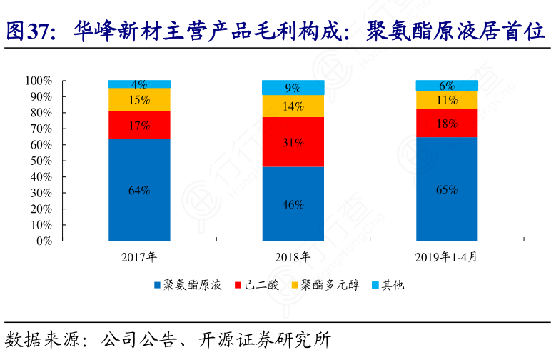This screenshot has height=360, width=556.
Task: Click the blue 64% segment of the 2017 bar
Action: (x=139, y=190)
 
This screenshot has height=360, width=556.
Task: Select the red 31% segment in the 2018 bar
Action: (x=293, y=141)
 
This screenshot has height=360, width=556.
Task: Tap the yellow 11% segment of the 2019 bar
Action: (x=447, y=100)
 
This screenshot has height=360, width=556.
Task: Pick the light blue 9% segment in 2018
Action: (x=293, y=88)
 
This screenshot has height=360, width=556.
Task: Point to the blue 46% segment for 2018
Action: (x=293, y=204)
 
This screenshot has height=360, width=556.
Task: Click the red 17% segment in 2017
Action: (x=139, y=125)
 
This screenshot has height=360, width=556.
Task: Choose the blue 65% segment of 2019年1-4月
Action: (x=447, y=189)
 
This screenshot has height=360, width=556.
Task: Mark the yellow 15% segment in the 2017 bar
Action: (x=139, y=100)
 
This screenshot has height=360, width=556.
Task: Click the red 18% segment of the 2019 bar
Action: (x=447, y=123)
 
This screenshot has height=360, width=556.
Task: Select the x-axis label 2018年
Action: (x=293, y=256)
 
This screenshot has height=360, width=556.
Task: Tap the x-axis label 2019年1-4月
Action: (x=447, y=256)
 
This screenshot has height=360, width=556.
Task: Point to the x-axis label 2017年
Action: (x=139, y=256)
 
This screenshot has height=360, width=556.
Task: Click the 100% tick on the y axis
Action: (x=39, y=80)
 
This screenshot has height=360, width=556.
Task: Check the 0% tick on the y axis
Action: (x=44, y=241)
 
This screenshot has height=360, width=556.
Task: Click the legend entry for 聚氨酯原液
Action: (x=188, y=285)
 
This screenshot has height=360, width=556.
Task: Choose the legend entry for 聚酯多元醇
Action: (x=325, y=285)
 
